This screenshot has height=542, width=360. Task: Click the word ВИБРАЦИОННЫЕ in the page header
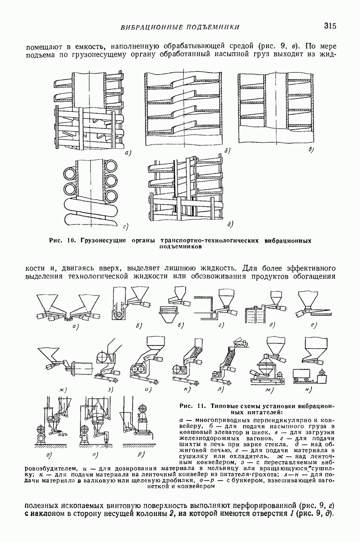coord(150,28)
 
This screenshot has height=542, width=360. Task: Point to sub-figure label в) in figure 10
coord(311,150)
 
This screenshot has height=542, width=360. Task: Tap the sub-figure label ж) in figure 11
coord(56,389)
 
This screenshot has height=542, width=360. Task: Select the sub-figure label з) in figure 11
coord(110,389)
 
